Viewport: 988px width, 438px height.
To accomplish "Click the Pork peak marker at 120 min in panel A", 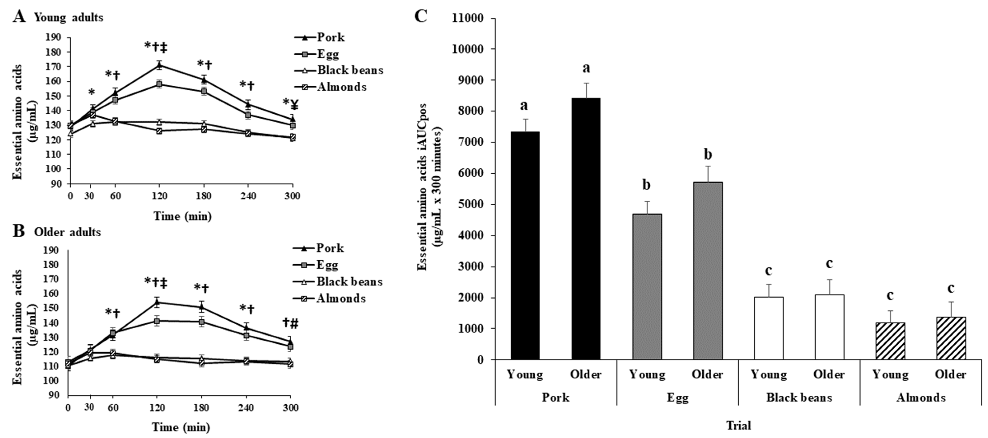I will (x=159, y=65).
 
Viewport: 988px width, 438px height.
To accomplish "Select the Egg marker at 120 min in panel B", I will (x=156, y=321).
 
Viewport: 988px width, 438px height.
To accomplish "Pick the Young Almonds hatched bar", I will (x=890, y=341).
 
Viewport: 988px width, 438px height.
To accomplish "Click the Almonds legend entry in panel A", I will (x=341, y=87).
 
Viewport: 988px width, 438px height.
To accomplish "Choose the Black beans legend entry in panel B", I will (x=349, y=282).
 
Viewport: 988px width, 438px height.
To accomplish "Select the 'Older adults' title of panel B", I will (x=68, y=232).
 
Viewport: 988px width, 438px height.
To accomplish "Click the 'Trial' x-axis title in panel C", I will (x=738, y=425).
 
